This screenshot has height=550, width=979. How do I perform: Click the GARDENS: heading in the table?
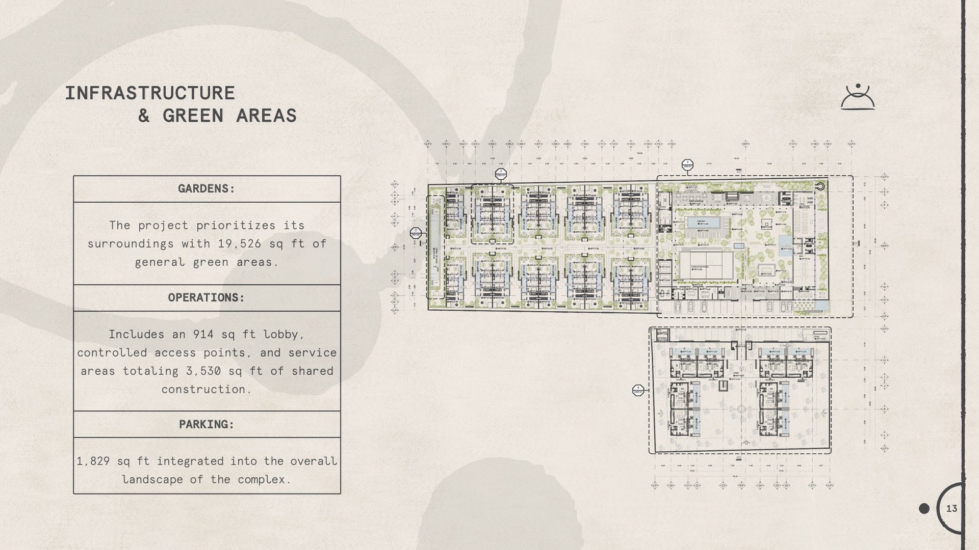[x=207, y=189]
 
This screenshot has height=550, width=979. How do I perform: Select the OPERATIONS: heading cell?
[x=207, y=298]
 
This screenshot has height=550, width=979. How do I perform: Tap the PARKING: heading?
[x=207, y=425]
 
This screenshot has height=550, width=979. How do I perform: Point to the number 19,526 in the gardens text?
[x=240, y=244]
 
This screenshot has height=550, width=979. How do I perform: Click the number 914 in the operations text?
[x=203, y=335]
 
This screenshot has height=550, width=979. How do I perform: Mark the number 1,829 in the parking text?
[x=93, y=461]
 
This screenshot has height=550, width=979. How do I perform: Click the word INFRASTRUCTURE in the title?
[x=150, y=93]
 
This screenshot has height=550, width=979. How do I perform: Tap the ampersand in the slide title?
[x=144, y=116]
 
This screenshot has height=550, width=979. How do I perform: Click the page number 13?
[x=951, y=508]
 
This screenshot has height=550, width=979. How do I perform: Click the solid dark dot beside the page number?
[x=924, y=508]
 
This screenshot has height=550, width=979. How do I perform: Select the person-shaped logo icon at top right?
[x=858, y=97]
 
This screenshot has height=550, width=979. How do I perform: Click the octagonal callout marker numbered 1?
[x=501, y=174]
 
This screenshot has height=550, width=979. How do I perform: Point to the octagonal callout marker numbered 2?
[x=416, y=233]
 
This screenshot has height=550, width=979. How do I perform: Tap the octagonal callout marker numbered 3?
[x=687, y=164]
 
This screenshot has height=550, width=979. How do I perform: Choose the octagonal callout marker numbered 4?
[x=638, y=390]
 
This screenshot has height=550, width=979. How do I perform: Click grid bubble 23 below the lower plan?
[x=723, y=485]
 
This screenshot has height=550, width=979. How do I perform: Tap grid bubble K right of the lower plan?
[x=885, y=409]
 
